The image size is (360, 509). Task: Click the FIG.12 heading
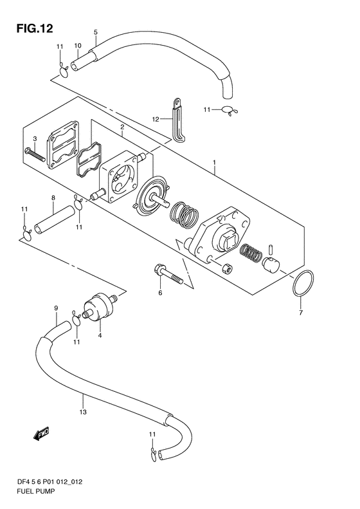[35, 28]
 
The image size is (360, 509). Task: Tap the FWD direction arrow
[41, 434]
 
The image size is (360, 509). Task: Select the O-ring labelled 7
[303, 283]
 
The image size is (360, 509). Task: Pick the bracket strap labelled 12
[179, 120]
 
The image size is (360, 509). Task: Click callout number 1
[214, 162]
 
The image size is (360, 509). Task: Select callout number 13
[83, 412]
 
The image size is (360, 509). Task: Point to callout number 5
[96, 32]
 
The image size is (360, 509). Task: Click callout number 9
[56, 308]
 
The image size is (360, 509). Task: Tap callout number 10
[78, 46]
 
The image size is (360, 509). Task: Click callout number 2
[122, 127]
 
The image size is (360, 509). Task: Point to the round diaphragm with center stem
[152, 194]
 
